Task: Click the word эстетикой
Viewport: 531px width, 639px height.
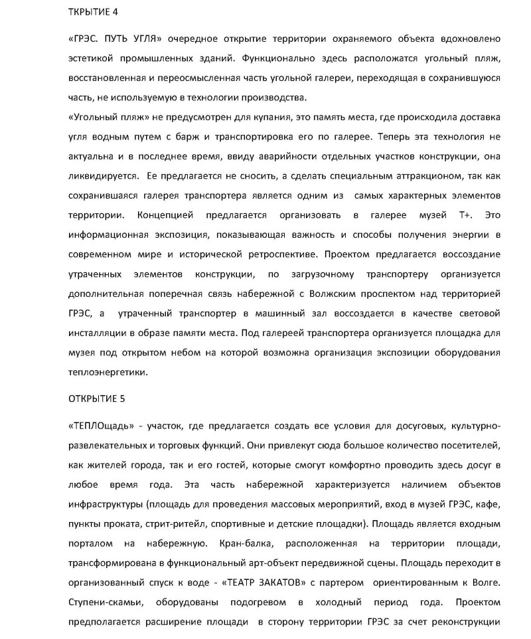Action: (92, 59)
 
